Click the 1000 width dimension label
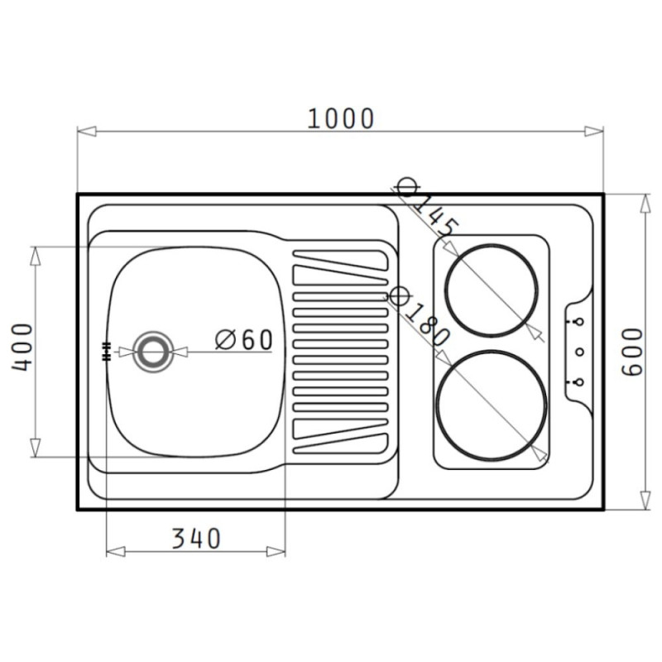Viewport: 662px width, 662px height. [x=340, y=118]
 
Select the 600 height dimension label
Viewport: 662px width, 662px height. [x=632, y=352]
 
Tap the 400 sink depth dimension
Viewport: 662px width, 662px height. [x=22, y=348]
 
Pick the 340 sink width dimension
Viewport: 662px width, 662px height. [x=196, y=539]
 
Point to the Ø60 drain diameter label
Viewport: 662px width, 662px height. [x=244, y=340]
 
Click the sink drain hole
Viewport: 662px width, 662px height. [x=153, y=352]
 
